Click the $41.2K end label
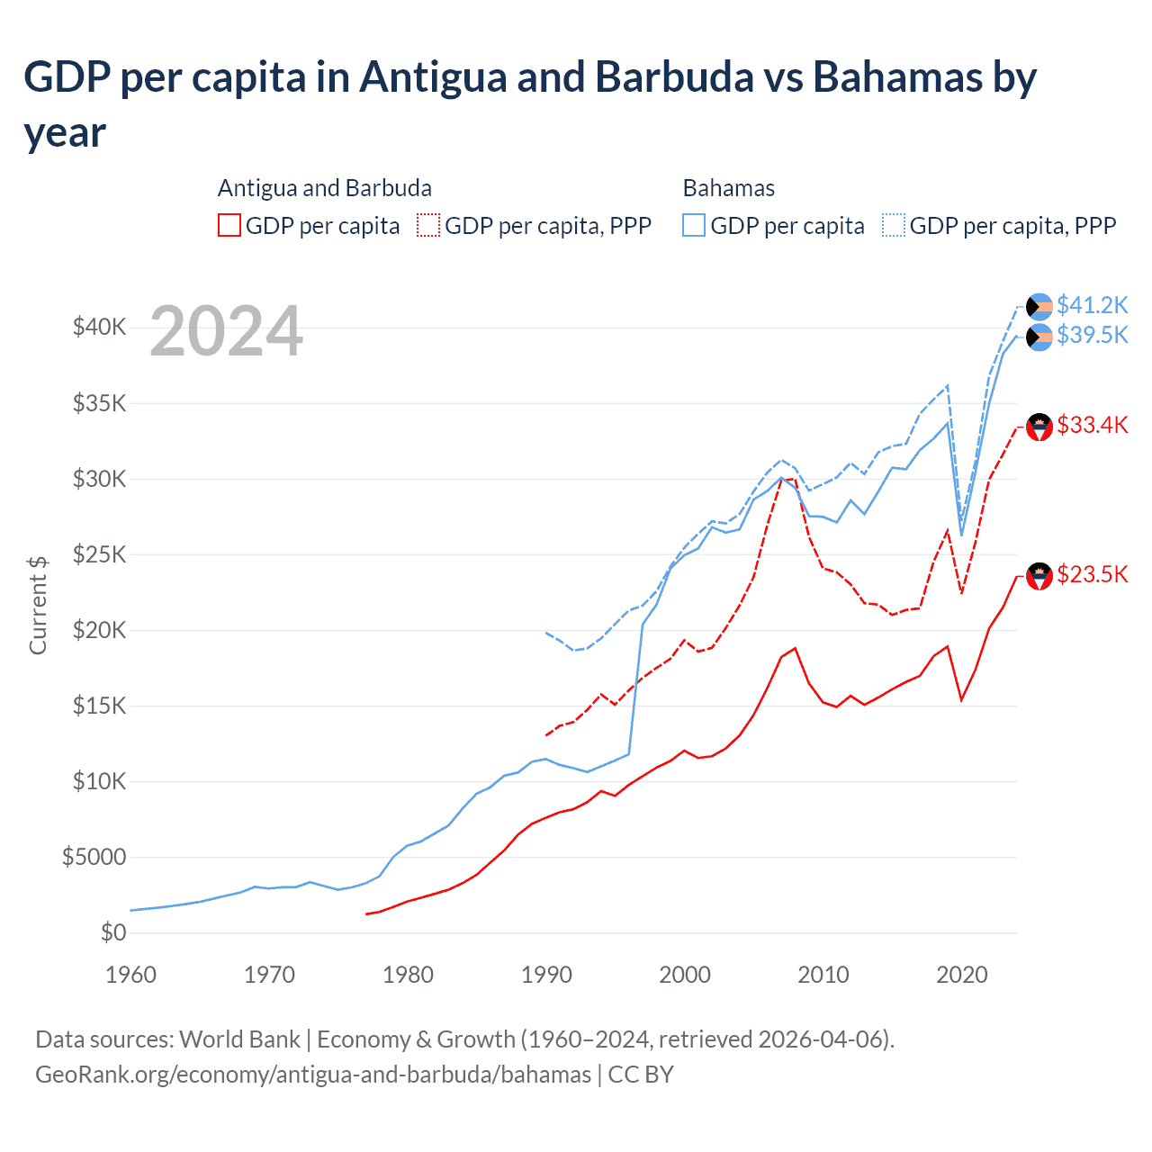pyautogui.click(x=1092, y=305)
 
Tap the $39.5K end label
pyautogui.click(x=1092, y=335)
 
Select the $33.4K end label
pyautogui.click(x=1092, y=425)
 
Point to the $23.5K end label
pyautogui.click(x=1092, y=574)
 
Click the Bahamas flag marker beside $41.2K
pyautogui.click(x=1039, y=307)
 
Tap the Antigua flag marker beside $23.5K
pyautogui.click(x=1039, y=576)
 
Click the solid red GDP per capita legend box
pyautogui.click(x=229, y=225)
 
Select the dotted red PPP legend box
pyautogui.click(x=428, y=225)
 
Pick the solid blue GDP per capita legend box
pyautogui.click(x=694, y=225)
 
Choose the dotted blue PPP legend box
pyautogui.click(x=894, y=225)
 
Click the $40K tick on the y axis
pyautogui.click(x=99, y=327)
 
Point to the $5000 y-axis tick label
pyautogui.click(x=94, y=857)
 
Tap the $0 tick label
pyautogui.click(x=113, y=932)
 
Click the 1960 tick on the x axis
pyautogui.click(x=131, y=975)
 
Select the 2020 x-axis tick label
pyautogui.click(x=962, y=975)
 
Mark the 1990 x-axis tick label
pyautogui.click(x=546, y=975)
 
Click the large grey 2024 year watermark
pyautogui.click(x=226, y=331)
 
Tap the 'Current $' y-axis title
pyautogui.click(x=38, y=605)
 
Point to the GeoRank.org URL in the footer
pyautogui.click(x=313, y=1075)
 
